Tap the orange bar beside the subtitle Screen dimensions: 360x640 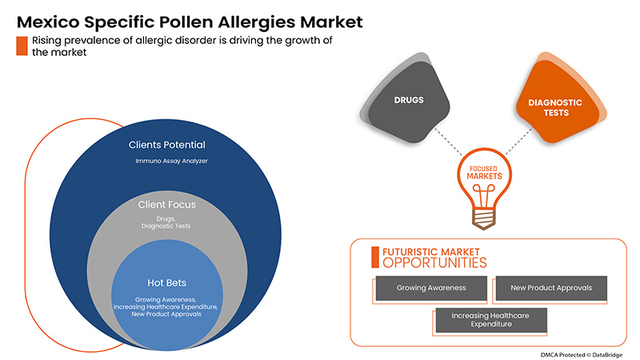(x=21, y=46)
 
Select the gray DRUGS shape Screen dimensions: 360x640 (x=409, y=101)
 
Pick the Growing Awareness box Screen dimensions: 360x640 (x=430, y=287)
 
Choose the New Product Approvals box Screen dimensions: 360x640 (x=550, y=287)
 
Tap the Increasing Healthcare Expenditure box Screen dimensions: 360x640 (x=490, y=321)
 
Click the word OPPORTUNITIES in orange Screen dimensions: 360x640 (x=434, y=262)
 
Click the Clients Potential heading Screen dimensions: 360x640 (x=166, y=146)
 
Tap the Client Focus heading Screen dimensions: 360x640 (x=166, y=205)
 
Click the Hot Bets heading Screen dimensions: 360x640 (x=166, y=282)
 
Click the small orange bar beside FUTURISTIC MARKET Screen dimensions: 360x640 (x=374, y=256)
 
